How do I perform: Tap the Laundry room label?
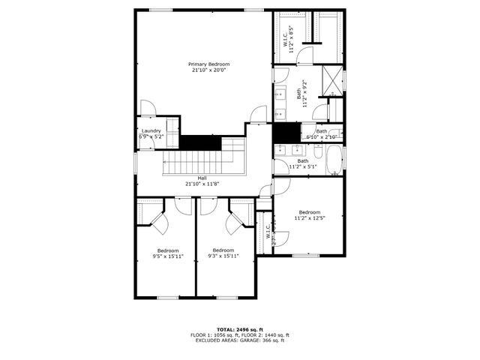click(x=151, y=132)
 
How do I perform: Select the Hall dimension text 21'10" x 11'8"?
click(x=202, y=184)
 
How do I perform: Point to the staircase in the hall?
click(x=193, y=161)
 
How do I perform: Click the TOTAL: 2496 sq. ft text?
click(x=239, y=329)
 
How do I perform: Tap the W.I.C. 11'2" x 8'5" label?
click(x=287, y=37)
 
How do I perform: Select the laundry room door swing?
click(x=148, y=109)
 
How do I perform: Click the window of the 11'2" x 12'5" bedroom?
click(x=306, y=255)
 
